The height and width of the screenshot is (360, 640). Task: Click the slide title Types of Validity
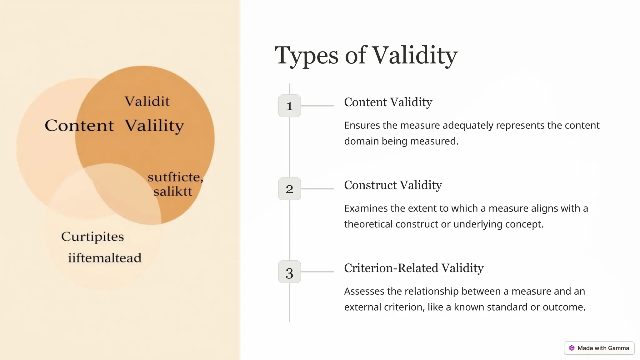tap(366, 55)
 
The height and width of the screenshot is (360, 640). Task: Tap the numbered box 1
tap(289, 106)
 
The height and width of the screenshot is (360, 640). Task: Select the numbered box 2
tap(289, 189)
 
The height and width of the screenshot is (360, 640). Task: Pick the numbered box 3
tap(289, 272)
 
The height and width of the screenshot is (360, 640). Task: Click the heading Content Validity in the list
tap(388, 102)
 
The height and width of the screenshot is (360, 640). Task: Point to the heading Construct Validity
tap(393, 185)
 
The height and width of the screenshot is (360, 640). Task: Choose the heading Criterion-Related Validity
tap(414, 268)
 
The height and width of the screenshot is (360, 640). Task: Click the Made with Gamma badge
tap(599, 348)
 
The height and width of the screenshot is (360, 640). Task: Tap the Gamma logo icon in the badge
tap(572, 348)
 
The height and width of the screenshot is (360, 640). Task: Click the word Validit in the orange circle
tap(147, 102)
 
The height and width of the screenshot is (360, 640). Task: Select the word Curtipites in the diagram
tap(92, 237)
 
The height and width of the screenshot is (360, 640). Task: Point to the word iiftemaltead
tap(105, 258)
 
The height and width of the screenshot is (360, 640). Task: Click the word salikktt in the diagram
tap(173, 191)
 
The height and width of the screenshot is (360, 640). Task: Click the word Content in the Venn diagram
tap(79, 126)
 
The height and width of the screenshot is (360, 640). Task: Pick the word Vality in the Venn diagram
tap(154, 126)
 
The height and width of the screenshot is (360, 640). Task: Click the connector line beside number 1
tap(317, 106)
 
